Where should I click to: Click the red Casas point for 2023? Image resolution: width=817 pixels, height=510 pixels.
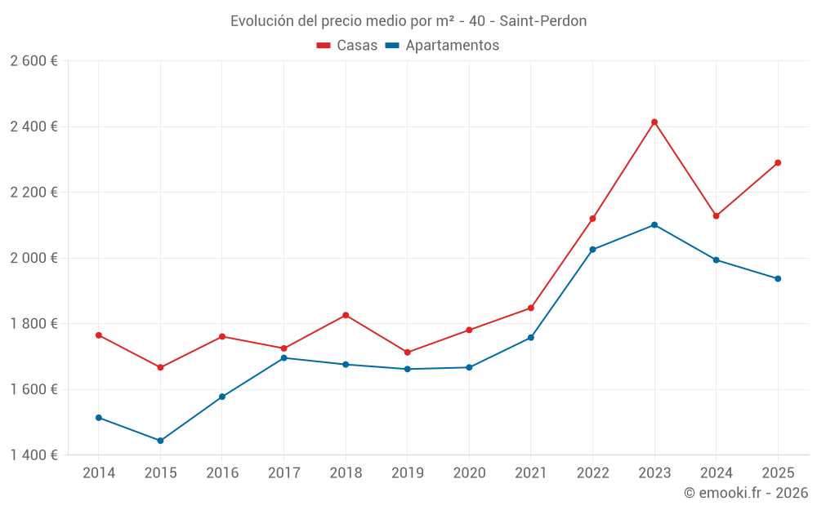(654, 122)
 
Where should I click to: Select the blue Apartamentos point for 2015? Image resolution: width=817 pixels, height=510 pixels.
(160, 441)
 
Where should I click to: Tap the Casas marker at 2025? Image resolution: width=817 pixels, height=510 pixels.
(778, 162)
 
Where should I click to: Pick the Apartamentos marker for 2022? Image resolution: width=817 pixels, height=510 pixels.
(592, 250)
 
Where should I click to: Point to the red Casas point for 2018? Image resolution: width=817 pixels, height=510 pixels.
(346, 315)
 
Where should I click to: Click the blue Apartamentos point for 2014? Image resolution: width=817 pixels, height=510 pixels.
(98, 418)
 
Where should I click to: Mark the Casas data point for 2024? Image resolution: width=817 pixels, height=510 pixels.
(716, 216)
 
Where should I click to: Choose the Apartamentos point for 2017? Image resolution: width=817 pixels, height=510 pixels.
(283, 357)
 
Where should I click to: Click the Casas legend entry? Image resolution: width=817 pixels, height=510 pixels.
(347, 46)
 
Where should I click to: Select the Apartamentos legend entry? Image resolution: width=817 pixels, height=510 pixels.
(442, 46)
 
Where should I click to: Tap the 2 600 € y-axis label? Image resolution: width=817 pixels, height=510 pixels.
(33, 61)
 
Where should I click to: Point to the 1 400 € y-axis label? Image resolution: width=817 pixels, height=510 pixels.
(33, 455)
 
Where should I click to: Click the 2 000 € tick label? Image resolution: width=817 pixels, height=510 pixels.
(33, 258)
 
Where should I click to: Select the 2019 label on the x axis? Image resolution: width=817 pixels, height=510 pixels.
(407, 473)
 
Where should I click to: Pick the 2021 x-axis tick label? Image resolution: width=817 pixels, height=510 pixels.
(530, 473)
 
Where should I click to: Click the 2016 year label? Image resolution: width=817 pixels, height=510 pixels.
(221, 473)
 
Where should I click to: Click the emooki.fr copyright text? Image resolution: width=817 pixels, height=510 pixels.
(746, 493)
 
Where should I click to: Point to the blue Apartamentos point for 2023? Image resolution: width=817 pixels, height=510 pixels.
(654, 225)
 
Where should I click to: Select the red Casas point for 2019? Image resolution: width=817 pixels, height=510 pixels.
(407, 353)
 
